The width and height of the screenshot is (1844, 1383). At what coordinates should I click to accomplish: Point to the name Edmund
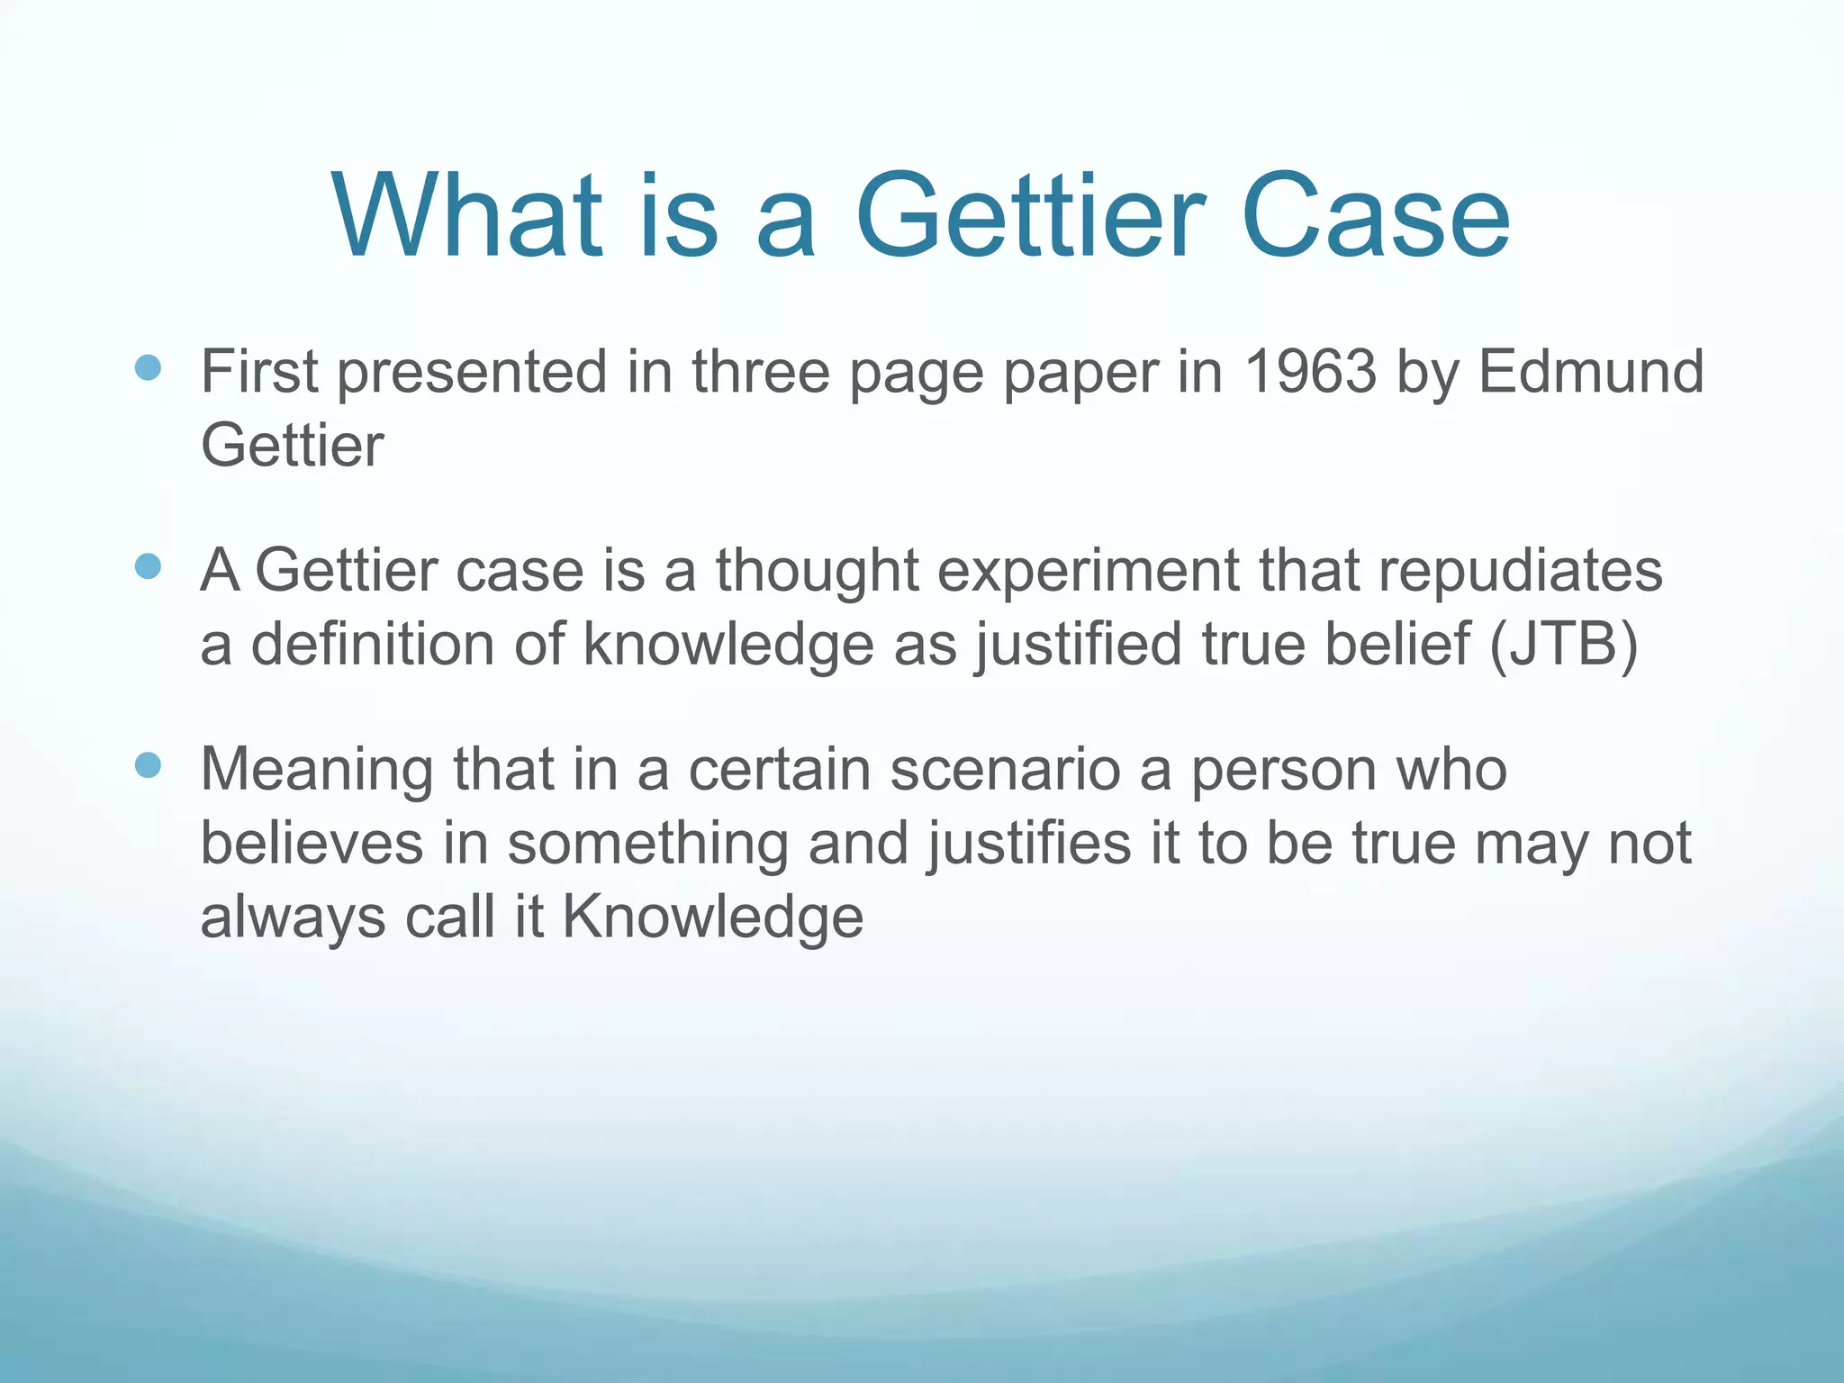[x=1591, y=371]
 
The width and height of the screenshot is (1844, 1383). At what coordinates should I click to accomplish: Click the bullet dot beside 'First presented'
[x=148, y=367]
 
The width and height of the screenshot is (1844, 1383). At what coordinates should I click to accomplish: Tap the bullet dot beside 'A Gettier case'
[x=148, y=566]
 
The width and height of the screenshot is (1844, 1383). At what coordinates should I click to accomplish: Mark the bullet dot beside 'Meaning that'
[x=148, y=765]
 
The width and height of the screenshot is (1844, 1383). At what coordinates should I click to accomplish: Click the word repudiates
[x=1521, y=572]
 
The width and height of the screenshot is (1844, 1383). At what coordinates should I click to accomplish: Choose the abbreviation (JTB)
[x=1563, y=645]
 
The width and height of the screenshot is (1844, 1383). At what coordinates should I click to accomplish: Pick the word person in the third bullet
[x=1284, y=772]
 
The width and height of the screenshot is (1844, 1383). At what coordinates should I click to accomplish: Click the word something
[x=647, y=845]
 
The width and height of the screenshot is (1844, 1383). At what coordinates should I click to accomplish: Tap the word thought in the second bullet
[x=817, y=572]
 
